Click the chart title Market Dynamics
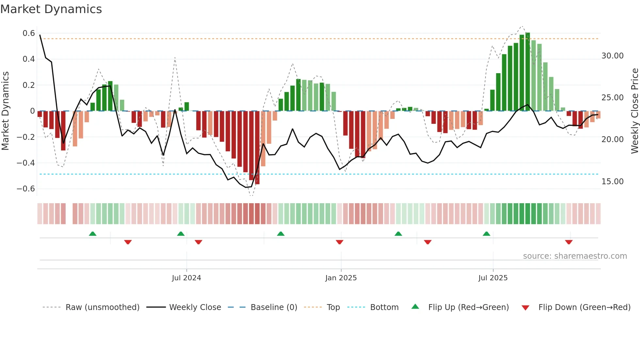(51, 9)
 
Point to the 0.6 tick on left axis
(29, 33)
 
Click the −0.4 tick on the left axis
(26, 163)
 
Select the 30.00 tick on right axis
(613, 56)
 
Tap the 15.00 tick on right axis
(613, 182)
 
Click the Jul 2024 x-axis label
(186, 278)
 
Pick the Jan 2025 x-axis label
(341, 278)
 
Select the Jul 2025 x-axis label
(493, 278)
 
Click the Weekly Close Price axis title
(634, 111)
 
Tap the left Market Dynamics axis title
(5, 111)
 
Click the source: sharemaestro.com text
(575, 256)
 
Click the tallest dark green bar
(528, 72)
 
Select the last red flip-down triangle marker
(569, 242)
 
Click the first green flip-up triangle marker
(93, 234)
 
